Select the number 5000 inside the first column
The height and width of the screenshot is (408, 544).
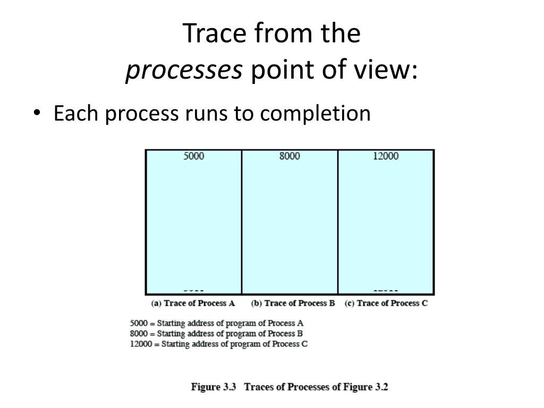(x=194, y=156)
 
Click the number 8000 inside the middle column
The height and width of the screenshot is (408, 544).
(x=290, y=156)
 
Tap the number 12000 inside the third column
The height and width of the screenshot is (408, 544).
(x=386, y=156)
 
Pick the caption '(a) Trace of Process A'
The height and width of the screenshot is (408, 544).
(x=193, y=303)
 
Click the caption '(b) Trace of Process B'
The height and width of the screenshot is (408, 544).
(x=293, y=303)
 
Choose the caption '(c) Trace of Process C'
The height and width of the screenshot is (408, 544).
(x=386, y=303)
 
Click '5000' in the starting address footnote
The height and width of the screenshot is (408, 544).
(x=138, y=323)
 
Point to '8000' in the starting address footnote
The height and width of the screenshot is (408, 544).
(x=138, y=334)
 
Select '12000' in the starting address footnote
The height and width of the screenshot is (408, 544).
(x=140, y=344)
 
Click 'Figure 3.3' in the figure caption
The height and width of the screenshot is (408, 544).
(x=214, y=387)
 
